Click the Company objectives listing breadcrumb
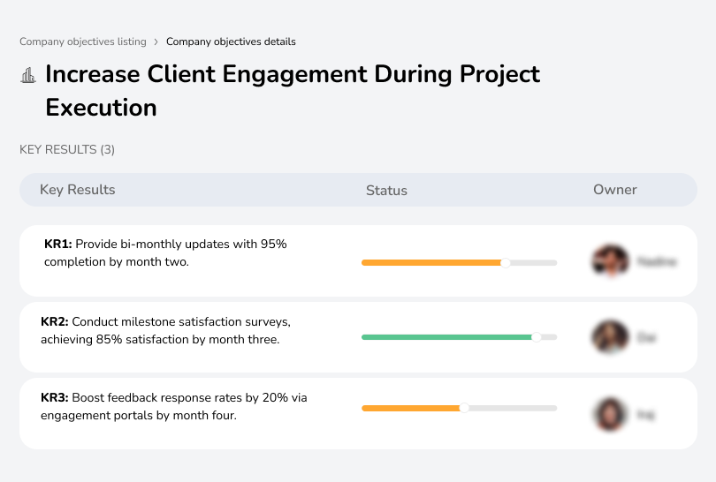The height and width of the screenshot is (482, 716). (83, 41)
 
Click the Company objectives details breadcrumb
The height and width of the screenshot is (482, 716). (231, 41)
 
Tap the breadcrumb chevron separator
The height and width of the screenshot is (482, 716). (156, 41)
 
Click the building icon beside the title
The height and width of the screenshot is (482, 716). (28, 75)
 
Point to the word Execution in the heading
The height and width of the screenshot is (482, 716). (101, 108)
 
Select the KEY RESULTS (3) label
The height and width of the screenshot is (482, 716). (67, 150)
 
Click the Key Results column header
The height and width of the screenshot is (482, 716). (77, 190)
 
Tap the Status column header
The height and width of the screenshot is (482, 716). (386, 190)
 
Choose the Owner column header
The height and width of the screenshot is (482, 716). (615, 190)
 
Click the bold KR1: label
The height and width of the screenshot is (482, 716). (57, 245)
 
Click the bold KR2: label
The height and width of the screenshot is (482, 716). (55, 321)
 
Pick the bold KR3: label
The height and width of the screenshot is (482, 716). (55, 398)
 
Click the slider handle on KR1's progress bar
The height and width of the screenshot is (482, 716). (506, 262)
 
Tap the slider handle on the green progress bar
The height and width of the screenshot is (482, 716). (536, 337)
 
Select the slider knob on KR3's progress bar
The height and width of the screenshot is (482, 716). (464, 408)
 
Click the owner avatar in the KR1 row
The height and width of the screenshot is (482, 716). (609, 261)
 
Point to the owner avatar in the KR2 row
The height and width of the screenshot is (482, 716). (609, 337)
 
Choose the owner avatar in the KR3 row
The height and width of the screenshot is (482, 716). (609, 414)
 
